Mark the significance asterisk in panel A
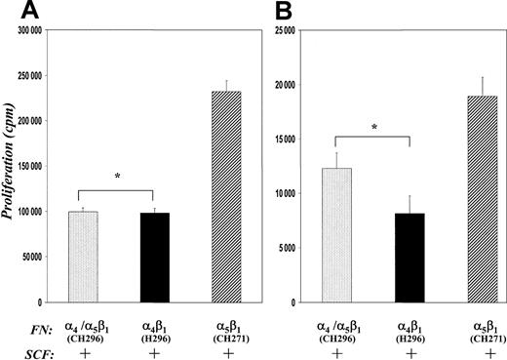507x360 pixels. pyautogui.click(x=117, y=177)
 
